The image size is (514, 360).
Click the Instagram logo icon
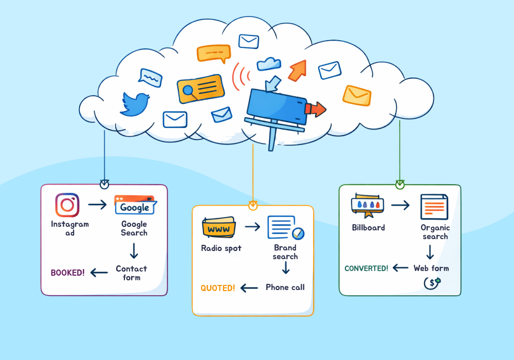click(67, 205)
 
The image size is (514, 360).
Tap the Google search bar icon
click(135, 205)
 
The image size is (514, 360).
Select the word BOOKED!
click(68, 273)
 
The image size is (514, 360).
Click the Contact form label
click(132, 273)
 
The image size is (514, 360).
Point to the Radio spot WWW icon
click(219, 227)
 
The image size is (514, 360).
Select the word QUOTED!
click(218, 288)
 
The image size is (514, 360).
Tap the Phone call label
click(285, 287)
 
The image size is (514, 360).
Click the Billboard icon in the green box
click(368, 205)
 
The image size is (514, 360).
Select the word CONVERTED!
click(366, 268)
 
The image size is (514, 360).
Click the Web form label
click(431, 268)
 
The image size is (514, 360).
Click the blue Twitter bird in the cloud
click(135, 103)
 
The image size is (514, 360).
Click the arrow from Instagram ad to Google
click(97, 205)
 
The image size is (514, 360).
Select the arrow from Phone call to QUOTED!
click(250, 288)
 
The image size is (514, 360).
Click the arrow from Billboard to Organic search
click(400, 206)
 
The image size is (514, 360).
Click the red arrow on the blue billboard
click(316, 109)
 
